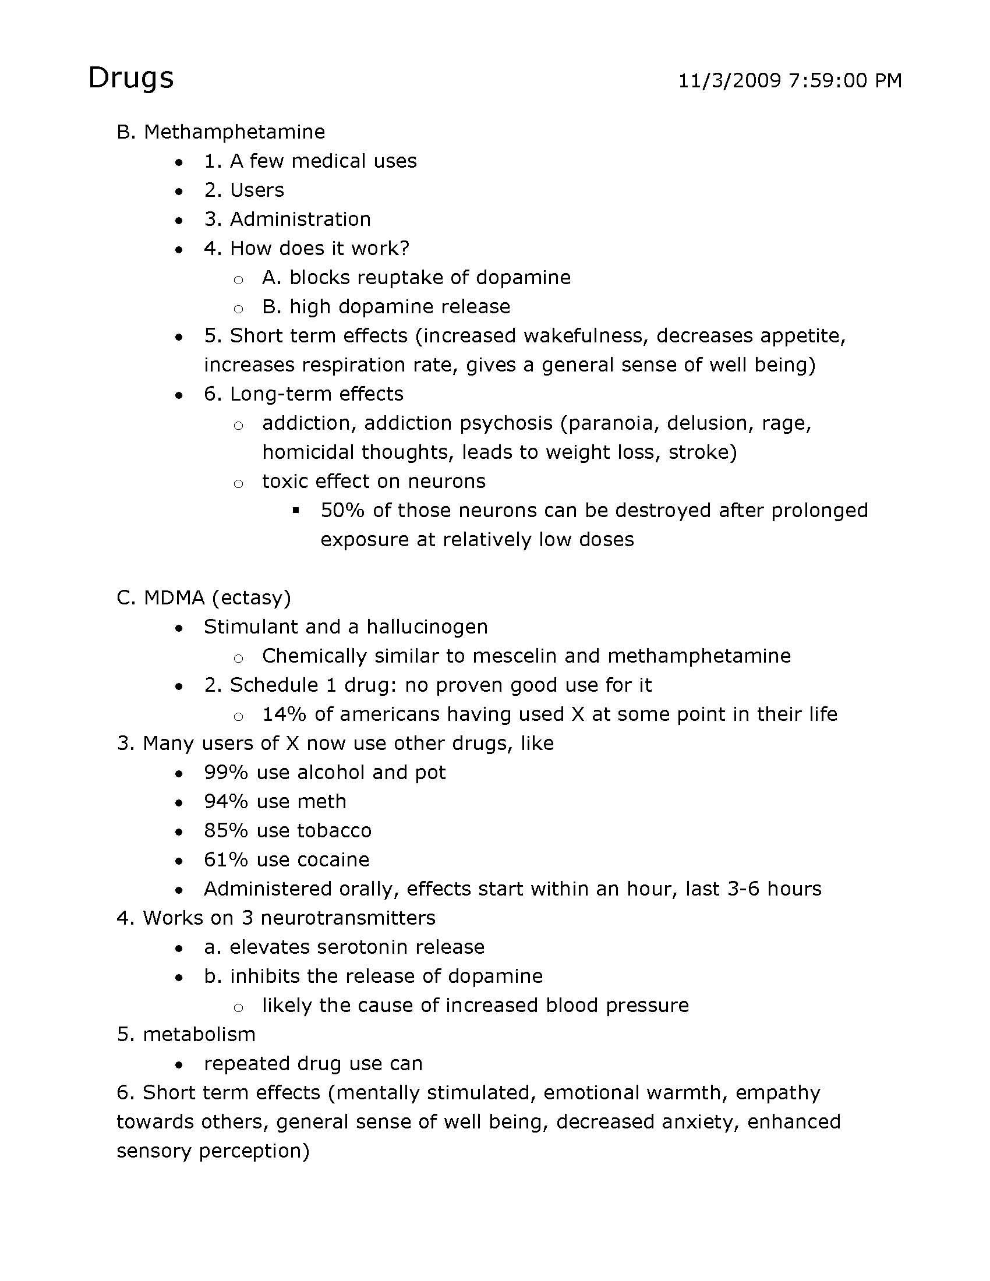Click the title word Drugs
tap(131, 78)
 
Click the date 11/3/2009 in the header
tap(730, 80)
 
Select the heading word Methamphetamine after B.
tap(234, 132)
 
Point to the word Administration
tap(300, 220)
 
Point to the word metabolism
tap(199, 1035)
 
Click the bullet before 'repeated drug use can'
tap(179, 1064)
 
